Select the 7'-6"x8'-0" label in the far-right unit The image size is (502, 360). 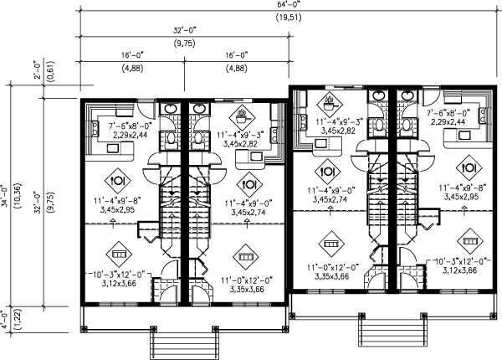click(448, 111)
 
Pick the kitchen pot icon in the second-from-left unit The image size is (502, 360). click(242, 113)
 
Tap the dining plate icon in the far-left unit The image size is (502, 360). click(118, 179)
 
